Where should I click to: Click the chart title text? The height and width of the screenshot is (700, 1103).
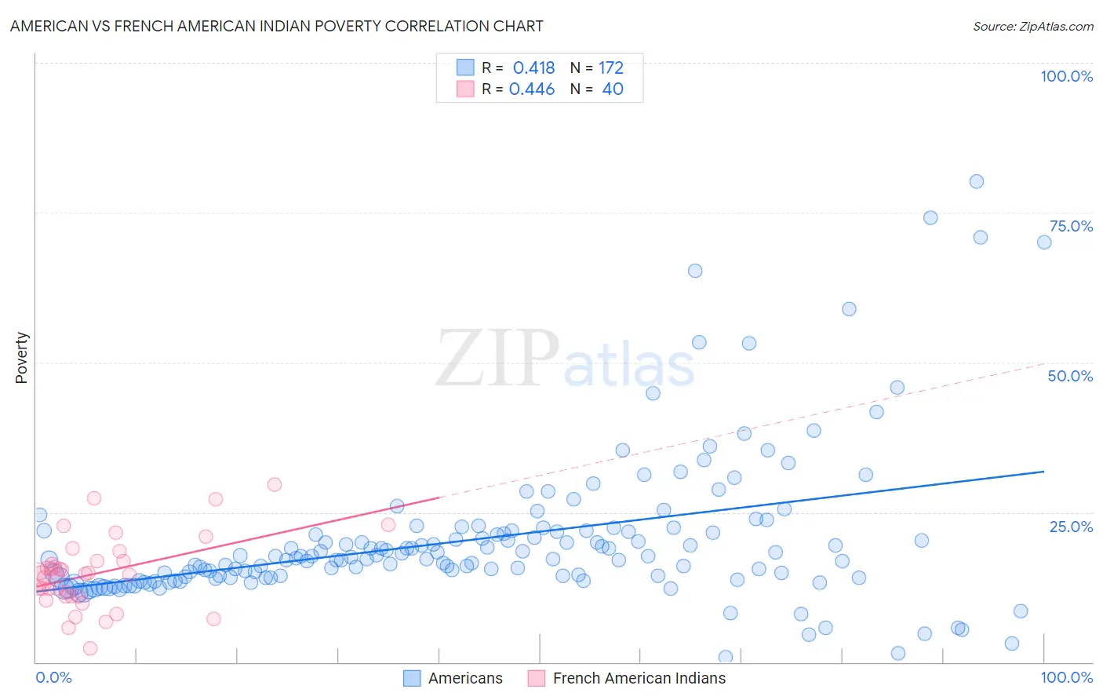(276, 26)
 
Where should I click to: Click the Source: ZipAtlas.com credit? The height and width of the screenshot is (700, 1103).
(1032, 26)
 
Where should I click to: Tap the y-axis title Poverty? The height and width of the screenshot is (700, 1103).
(21, 358)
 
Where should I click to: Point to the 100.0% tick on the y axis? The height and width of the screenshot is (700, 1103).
(1066, 76)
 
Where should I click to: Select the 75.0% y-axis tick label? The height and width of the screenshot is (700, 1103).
(1071, 226)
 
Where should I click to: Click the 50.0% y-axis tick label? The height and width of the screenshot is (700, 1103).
(1070, 376)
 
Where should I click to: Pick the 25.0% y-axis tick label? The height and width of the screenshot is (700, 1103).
(1071, 526)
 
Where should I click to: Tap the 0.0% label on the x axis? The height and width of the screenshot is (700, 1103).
(53, 677)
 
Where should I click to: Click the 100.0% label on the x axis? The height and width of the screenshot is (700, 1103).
(1066, 677)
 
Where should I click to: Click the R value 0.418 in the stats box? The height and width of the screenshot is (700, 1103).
(533, 68)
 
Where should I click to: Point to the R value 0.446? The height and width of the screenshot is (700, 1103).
(532, 89)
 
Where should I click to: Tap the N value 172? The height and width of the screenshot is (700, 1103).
(611, 68)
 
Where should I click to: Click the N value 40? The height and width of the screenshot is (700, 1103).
(613, 89)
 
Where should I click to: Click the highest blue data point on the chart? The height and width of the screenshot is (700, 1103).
(976, 181)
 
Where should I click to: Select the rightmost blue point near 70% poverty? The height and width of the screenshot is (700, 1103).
(1043, 242)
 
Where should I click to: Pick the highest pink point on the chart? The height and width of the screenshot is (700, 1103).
(275, 484)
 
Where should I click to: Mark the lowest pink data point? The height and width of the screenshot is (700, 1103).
(90, 648)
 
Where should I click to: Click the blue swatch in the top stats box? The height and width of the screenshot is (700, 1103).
(465, 67)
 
